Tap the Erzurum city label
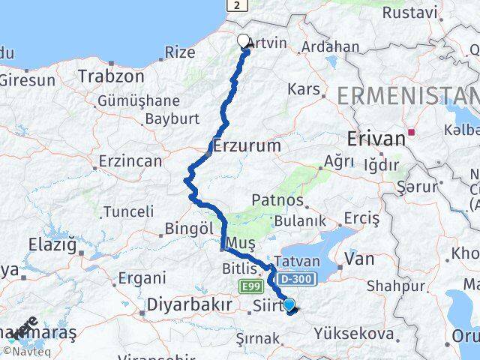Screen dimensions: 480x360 tap(247, 145)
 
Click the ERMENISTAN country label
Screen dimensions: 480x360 tap(408, 95)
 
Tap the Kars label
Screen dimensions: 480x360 tap(304, 89)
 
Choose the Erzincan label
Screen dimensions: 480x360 tap(130, 160)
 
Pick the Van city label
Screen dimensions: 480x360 tap(358, 259)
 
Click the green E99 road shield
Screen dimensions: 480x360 tap(250, 286)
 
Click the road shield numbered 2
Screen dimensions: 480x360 tap(238, 4)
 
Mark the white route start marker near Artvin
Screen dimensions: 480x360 tap(244, 41)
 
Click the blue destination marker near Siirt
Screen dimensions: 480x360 tap(289, 304)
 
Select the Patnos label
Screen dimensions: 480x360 tap(277, 201)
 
